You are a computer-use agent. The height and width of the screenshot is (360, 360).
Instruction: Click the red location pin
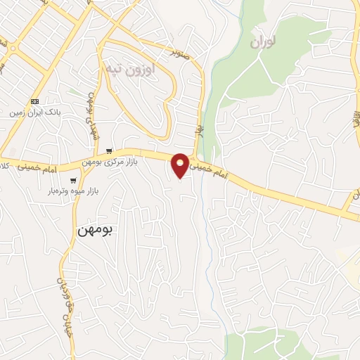coord(180,165)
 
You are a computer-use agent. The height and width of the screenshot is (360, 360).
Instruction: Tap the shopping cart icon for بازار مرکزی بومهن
coord(109,151)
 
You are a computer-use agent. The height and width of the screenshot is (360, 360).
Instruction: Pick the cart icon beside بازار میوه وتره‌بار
coord(73,181)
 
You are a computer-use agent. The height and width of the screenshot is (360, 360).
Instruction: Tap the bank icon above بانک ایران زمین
coord(34,101)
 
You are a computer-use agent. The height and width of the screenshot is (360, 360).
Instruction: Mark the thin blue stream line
coord(207,211)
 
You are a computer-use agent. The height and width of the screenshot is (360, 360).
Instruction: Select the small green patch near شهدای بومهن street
coord(75,91)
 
